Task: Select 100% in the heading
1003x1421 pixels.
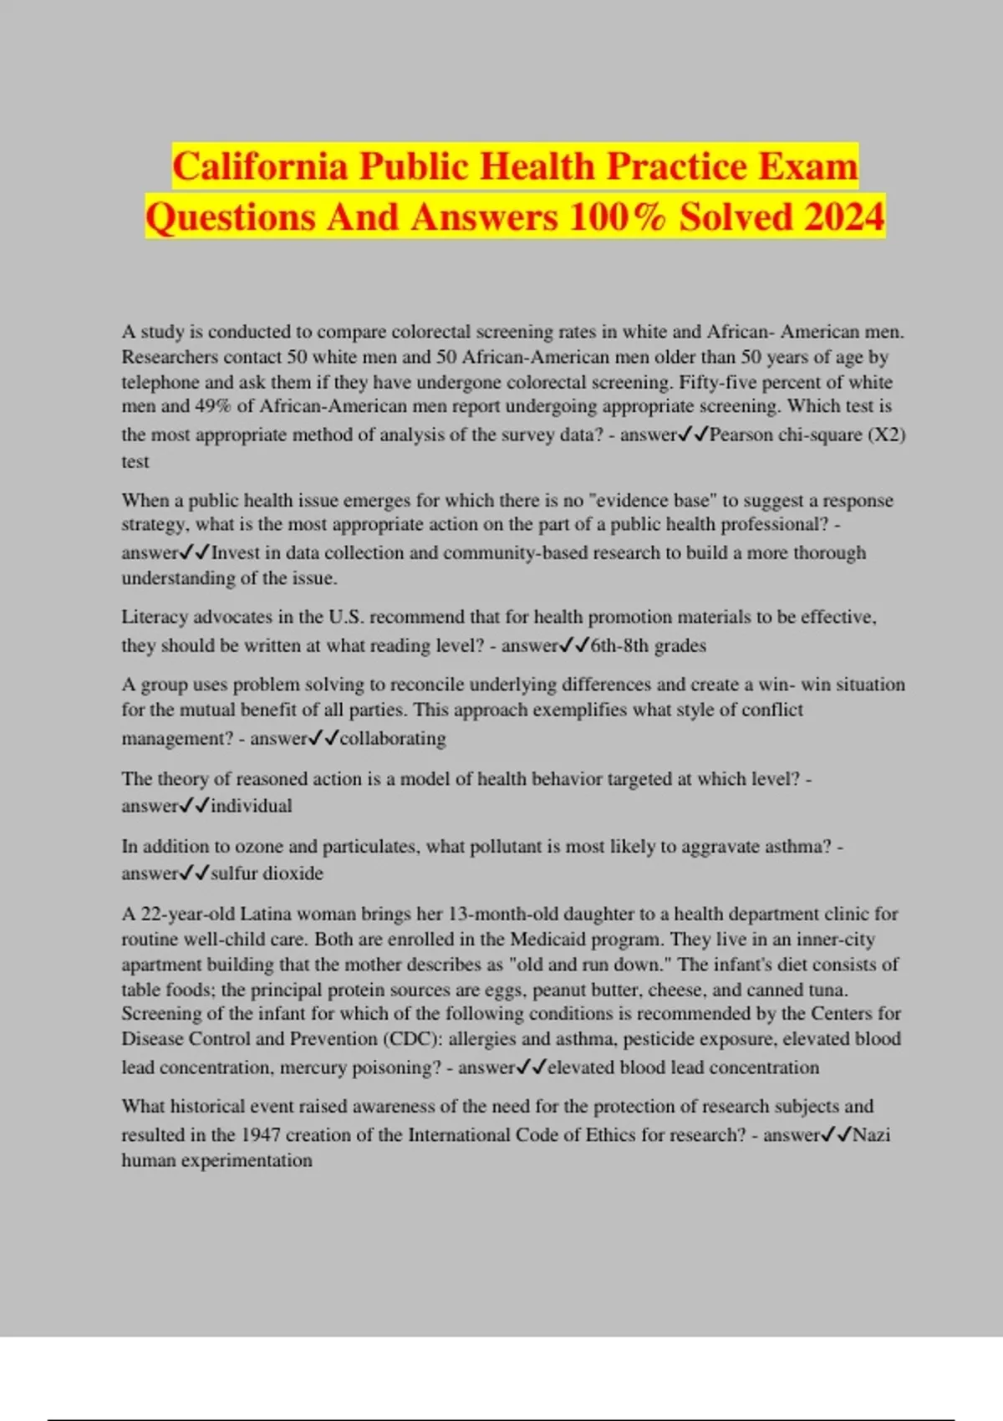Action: coord(618,217)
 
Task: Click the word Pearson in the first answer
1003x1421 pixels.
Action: coord(741,435)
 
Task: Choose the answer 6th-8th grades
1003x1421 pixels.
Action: coord(648,645)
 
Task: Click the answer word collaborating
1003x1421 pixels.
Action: coord(393,738)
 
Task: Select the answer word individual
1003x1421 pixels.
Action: coord(252,806)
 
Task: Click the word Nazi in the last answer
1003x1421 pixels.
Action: coord(871,1134)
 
